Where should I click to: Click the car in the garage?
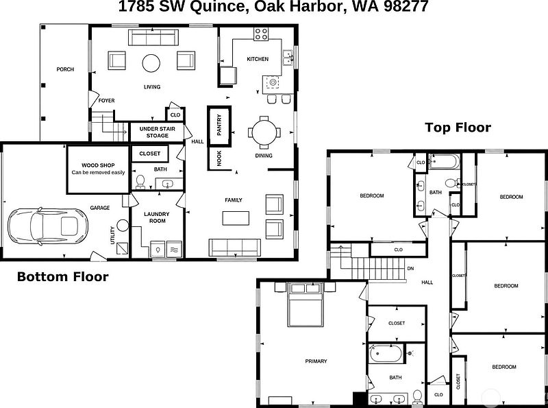(47, 226)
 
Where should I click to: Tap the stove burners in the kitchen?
(261, 34)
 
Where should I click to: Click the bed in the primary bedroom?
(306, 304)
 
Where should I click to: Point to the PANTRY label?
(219, 125)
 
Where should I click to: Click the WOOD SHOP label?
(98, 165)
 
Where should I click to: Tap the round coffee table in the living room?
(151, 63)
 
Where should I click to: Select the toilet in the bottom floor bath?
(140, 182)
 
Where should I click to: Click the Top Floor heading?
(458, 128)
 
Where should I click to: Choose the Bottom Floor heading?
(63, 277)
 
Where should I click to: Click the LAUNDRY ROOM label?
(157, 217)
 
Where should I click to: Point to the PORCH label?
(65, 70)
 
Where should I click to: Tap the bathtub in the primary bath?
(386, 354)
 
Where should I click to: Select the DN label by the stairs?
(410, 269)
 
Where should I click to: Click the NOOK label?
(219, 158)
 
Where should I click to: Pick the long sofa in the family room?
(235, 248)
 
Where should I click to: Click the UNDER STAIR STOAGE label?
(158, 132)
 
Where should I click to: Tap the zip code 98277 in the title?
(406, 6)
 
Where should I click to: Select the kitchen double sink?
(288, 58)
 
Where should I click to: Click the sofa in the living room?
(153, 38)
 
